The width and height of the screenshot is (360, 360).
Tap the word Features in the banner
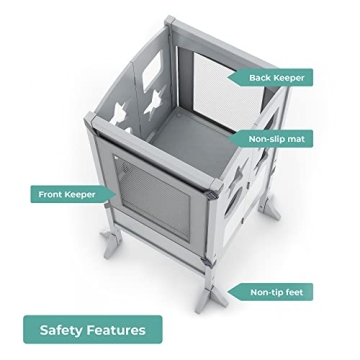click(x=118, y=329)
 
